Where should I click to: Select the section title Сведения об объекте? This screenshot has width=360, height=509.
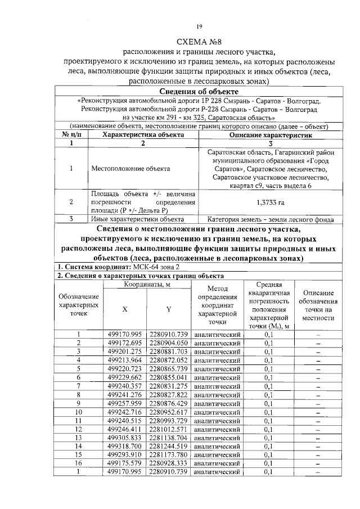pos(199,92)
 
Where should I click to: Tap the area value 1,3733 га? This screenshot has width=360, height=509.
pos(269,202)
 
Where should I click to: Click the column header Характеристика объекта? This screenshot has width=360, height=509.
pos(142,135)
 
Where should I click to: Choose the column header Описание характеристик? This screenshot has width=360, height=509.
pos(269,135)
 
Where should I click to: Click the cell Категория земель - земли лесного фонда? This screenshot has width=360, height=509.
pos(269,219)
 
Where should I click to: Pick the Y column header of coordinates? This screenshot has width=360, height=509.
pos(168,309)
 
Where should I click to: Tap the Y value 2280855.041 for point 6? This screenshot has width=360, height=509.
pos(168,377)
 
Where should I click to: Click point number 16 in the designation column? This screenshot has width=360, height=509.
pos(79,462)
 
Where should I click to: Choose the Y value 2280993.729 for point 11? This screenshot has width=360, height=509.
pos(168,420)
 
